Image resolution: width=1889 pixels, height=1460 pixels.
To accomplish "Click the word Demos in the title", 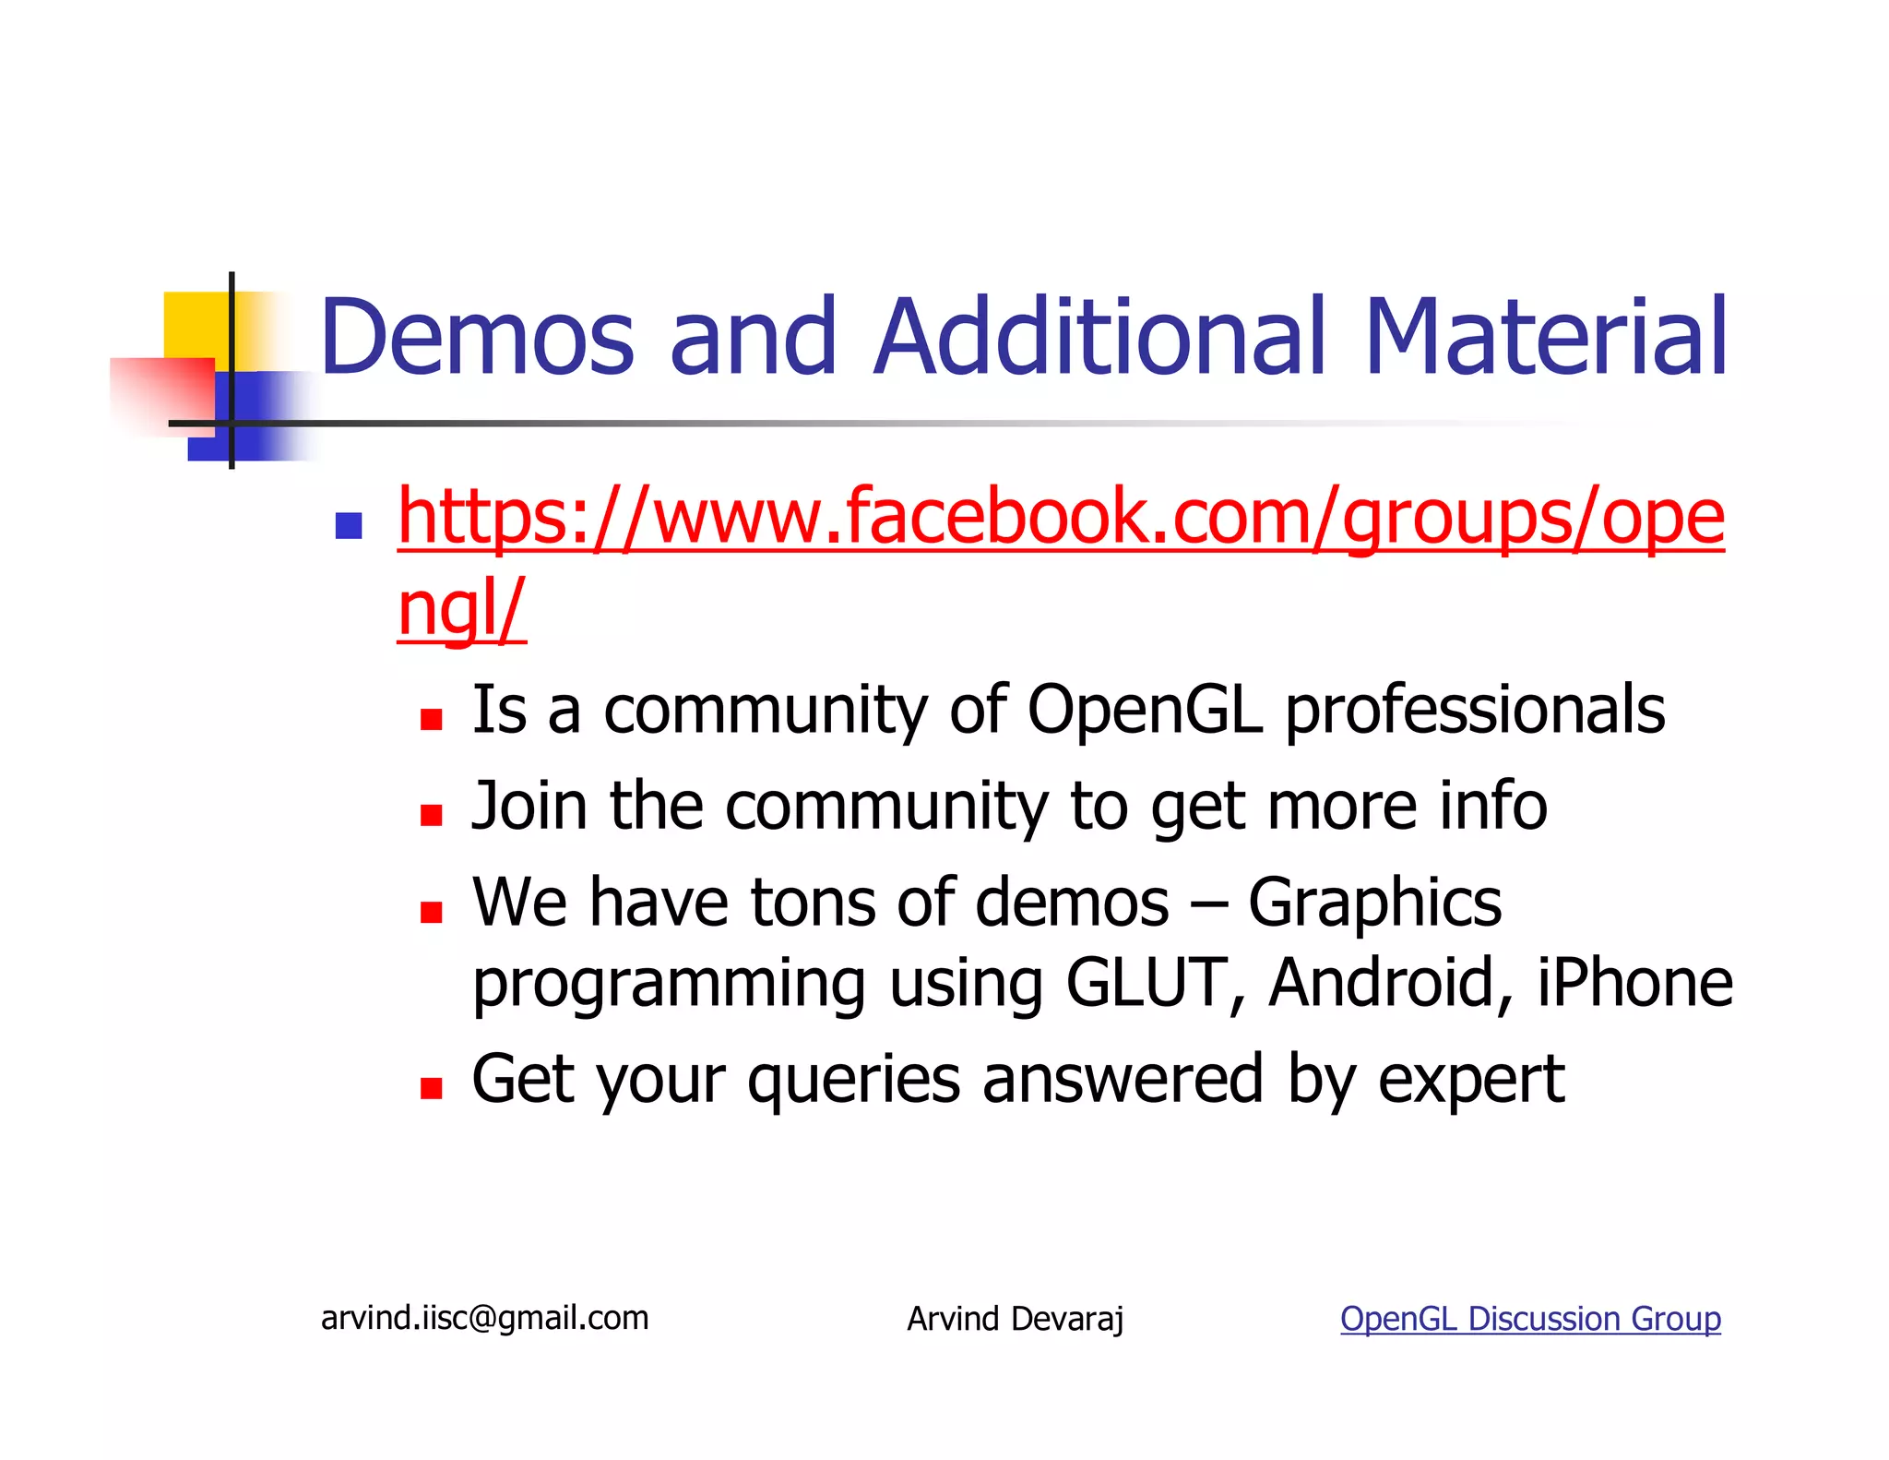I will (477, 337).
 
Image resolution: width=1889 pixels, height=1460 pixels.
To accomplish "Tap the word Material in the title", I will (1545, 337).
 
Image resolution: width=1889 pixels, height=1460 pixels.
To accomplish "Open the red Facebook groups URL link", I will (1060, 518).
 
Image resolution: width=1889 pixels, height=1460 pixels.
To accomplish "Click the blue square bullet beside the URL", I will (349, 526).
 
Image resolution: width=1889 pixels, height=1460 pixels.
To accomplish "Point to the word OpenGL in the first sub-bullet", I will (1144, 710).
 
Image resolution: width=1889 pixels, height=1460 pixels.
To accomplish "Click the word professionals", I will (1475, 712).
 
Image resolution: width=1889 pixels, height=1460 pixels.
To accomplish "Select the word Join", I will (529, 806).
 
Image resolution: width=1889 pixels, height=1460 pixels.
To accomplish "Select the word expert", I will (1471, 1080).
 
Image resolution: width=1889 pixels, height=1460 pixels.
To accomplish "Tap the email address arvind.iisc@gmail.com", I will (484, 1318).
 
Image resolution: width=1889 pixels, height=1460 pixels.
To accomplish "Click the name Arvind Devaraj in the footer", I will (1015, 1319).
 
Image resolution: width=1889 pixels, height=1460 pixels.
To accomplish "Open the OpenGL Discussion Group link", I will (1530, 1319).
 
